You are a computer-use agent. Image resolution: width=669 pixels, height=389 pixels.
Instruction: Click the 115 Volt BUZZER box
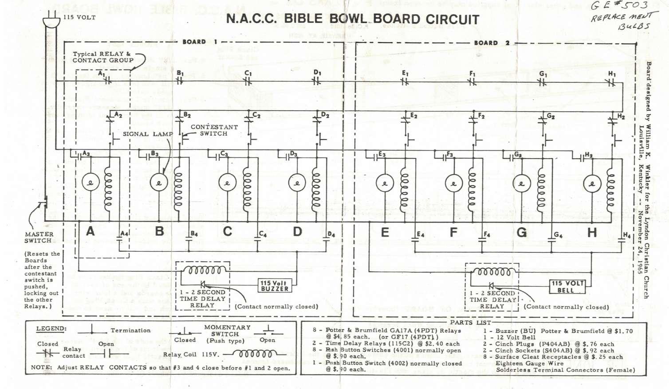(x=274, y=286)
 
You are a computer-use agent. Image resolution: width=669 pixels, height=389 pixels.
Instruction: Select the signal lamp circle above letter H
(x=592, y=183)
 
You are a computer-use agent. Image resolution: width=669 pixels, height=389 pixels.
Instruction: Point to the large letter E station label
(x=385, y=232)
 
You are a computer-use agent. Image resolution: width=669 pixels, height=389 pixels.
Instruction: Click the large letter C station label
(x=228, y=231)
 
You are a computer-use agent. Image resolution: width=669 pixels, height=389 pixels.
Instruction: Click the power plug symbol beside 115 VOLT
(x=51, y=20)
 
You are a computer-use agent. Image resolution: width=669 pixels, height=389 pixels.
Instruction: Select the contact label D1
(x=317, y=73)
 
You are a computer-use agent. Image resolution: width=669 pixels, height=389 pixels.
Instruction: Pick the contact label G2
(x=551, y=116)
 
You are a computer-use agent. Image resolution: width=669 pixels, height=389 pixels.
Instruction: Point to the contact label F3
(x=450, y=155)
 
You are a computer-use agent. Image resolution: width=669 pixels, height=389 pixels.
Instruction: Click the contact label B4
(x=194, y=233)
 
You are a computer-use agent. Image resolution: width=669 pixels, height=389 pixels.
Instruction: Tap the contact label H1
(x=612, y=74)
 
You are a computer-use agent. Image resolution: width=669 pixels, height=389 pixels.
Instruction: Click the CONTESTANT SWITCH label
(x=214, y=130)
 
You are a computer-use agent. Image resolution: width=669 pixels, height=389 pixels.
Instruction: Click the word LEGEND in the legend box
(x=51, y=329)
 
